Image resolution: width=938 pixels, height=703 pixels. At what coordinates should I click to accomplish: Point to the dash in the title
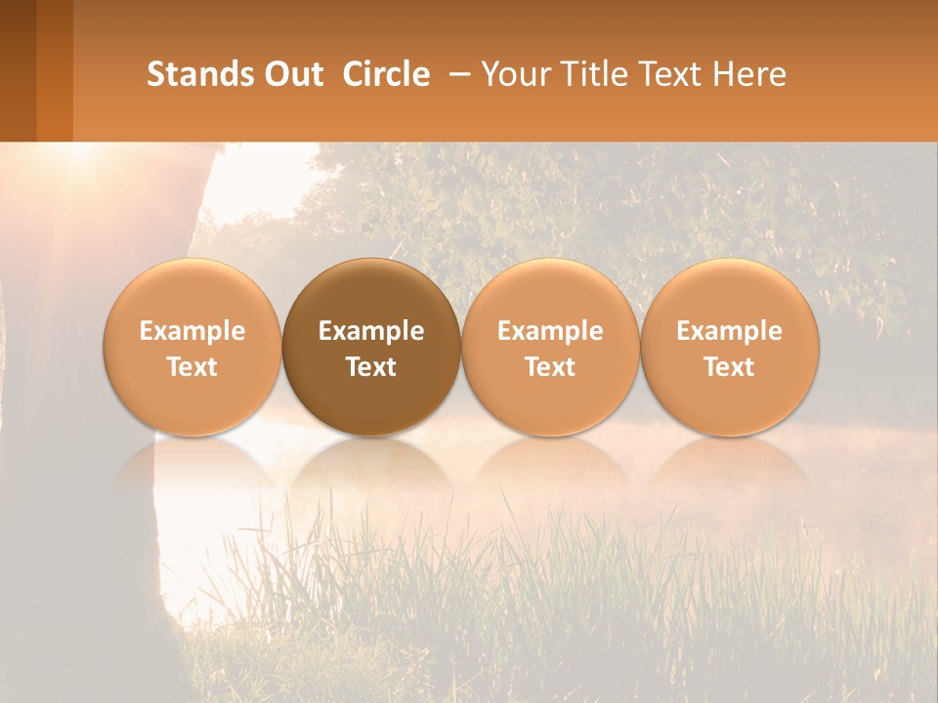pos(456,74)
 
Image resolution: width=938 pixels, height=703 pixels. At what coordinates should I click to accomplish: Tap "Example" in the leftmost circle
pos(192,331)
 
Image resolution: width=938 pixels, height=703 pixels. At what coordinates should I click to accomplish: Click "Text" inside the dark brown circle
pos(371,367)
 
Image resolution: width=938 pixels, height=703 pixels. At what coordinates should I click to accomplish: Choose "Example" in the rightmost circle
pos(730,331)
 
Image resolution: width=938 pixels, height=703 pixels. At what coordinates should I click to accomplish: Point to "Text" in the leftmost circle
pos(192,367)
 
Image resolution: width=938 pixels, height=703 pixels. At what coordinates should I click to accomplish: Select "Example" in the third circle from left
pos(550,331)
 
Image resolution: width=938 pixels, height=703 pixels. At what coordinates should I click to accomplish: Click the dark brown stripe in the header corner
pos(18,70)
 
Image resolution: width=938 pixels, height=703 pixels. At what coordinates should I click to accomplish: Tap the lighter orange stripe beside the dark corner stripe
pos(55,70)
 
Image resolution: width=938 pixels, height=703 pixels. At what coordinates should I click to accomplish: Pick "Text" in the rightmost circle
pos(730,367)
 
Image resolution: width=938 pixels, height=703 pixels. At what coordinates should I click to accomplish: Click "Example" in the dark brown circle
pos(371,331)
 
